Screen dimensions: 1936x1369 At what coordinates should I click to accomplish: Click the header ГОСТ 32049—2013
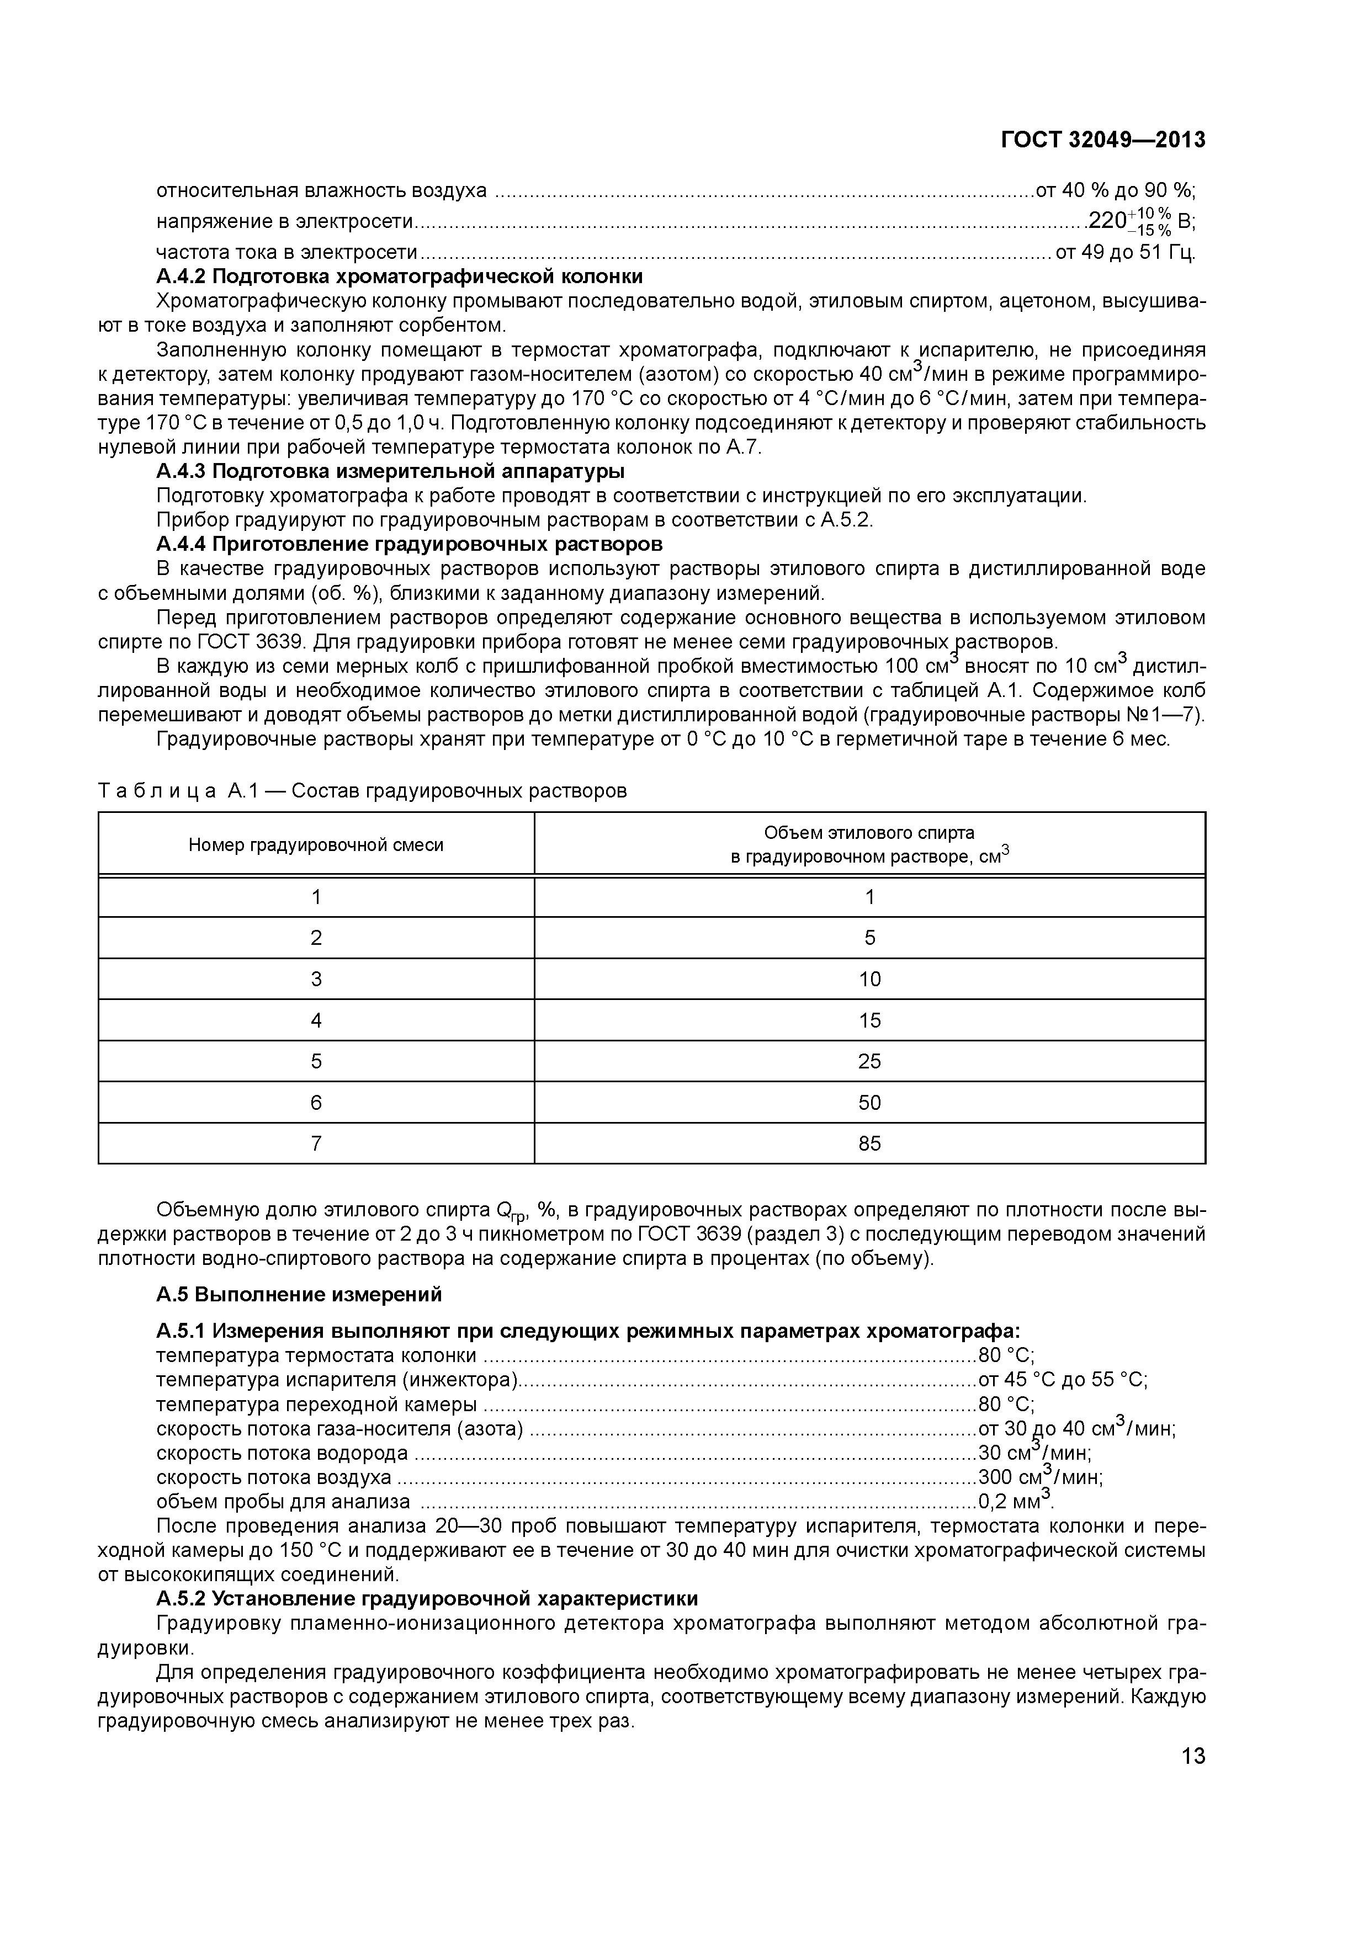pos(1102,140)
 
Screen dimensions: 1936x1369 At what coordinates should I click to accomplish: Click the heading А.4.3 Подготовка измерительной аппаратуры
pos(390,471)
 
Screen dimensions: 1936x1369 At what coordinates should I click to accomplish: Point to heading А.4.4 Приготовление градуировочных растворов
pos(409,544)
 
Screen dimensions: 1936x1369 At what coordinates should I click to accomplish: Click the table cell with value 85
pos(869,1143)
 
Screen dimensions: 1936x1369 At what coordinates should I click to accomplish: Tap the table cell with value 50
pos(869,1102)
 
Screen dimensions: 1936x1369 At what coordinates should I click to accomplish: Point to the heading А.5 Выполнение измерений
pos(299,1294)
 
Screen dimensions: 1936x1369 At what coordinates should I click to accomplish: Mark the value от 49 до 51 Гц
pos(1124,252)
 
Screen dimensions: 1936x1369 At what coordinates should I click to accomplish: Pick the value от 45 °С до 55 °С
pos(1061,1380)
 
